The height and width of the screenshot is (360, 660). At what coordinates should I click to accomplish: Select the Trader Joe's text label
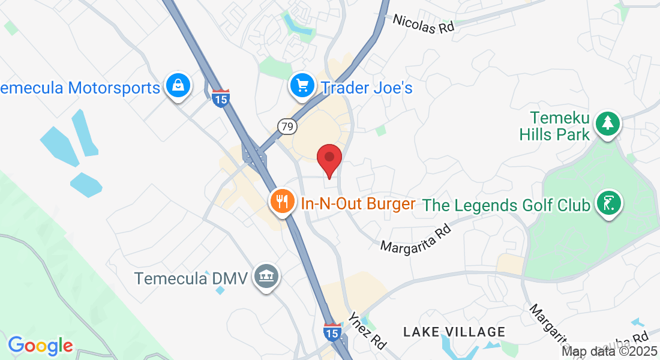tap(367, 88)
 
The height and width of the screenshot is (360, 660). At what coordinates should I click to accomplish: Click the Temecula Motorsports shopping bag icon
tap(179, 86)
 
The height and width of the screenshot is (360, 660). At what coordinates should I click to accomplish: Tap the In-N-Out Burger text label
tap(358, 203)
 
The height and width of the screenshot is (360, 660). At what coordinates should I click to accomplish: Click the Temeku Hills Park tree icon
tap(608, 124)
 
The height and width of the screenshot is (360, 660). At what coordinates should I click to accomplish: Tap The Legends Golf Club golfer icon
tap(610, 203)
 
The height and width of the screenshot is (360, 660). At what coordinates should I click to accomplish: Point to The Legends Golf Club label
tap(506, 205)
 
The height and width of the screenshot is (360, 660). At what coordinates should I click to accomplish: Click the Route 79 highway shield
tap(287, 126)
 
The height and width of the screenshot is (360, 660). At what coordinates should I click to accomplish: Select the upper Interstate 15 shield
tap(220, 99)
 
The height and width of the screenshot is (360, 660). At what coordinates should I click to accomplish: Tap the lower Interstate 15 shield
tap(332, 332)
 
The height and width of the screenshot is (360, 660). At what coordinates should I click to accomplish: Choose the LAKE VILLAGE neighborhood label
tap(454, 332)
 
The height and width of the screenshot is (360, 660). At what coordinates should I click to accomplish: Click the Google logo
tap(40, 346)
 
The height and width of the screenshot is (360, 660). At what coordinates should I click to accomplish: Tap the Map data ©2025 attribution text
tap(609, 351)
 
